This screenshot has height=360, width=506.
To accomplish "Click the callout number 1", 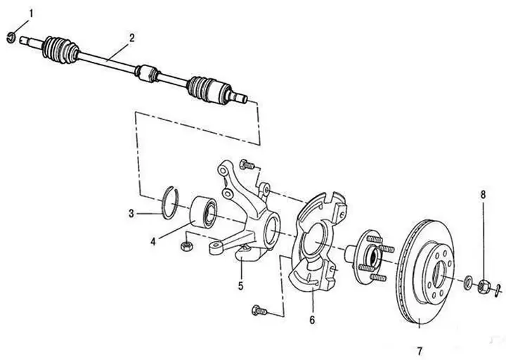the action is pos(31,13).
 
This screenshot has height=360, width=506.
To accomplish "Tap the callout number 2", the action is pos(131,38).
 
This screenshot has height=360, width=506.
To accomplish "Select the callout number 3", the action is pos(131,214).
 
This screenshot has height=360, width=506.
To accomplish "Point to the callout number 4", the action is pos(153,241).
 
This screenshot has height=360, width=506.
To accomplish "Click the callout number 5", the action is pos(241,285).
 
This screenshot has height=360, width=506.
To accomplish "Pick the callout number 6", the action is pos(312,320).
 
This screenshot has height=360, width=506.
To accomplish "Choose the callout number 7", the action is pos(419,351).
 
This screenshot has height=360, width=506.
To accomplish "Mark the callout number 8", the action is pos(483,195).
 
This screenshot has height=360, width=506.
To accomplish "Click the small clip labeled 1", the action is pos(11,37).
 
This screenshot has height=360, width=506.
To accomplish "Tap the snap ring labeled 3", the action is pos(170,202).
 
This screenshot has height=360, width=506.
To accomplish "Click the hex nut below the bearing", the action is pos(187,246).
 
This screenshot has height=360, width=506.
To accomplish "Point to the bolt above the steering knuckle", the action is pos(247,165).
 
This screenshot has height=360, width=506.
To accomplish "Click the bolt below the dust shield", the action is pos(259,310).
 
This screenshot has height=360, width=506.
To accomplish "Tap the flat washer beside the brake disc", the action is pos(467,281).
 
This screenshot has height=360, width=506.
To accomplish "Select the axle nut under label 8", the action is pos(485,285).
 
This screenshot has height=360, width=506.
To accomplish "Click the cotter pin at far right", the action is pos(498,289).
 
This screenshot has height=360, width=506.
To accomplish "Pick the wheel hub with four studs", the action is pos(368,257).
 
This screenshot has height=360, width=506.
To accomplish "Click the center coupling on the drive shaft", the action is pos(146,73).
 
